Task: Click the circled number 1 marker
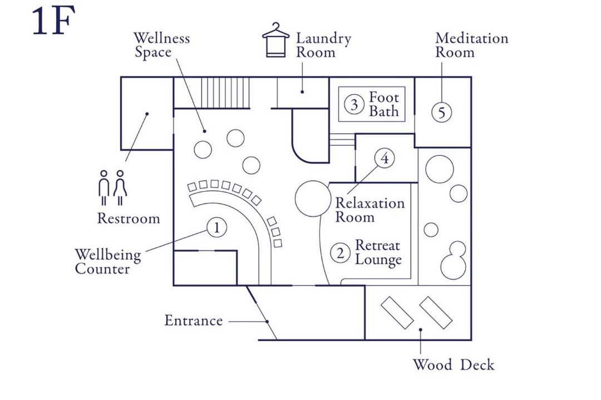point(216,227)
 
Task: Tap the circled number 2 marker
point(341,253)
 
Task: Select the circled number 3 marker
point(354,104)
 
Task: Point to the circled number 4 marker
point(385,158)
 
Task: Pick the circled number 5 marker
point(441,113)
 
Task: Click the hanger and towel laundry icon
point(275,40)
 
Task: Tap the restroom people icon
point(112,188)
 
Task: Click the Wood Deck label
point(454,365)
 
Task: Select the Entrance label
point(194,321)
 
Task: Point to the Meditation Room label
point(472,45)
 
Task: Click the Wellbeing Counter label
point(108,262)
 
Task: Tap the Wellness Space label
point(161,45)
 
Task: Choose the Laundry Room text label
point(323,45)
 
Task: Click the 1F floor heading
point(53,22)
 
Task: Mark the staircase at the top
point(225,93)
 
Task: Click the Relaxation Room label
point(370,210)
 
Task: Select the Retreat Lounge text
point(378,253)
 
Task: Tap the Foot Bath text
point(383,104)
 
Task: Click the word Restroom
point(129,218)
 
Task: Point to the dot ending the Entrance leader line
point(267,322)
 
